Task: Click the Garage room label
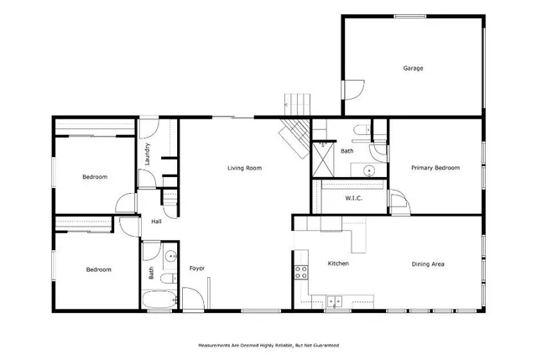tap(412, 68)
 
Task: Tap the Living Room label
tap(244, 168)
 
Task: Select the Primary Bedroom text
tap(435, 168)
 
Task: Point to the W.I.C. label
tap(353, 199)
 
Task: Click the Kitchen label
tap(338, 264)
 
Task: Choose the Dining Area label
tap(427, 264)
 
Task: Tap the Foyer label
tap(196, 269)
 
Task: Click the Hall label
tap(156, 222)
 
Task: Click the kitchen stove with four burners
tap(299, 272)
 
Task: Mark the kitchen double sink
tap(336, 300)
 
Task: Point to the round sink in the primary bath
tap(368, 170)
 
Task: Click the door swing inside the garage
tap(354, 88)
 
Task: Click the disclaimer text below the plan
tap(268, 345)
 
